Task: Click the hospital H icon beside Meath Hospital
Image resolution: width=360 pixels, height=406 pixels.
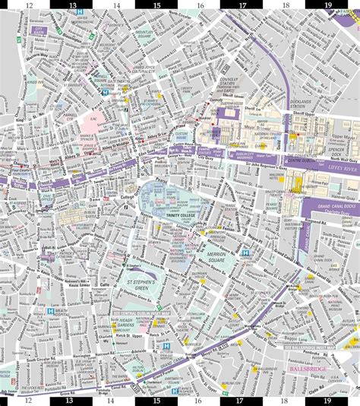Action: [50, 311]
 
